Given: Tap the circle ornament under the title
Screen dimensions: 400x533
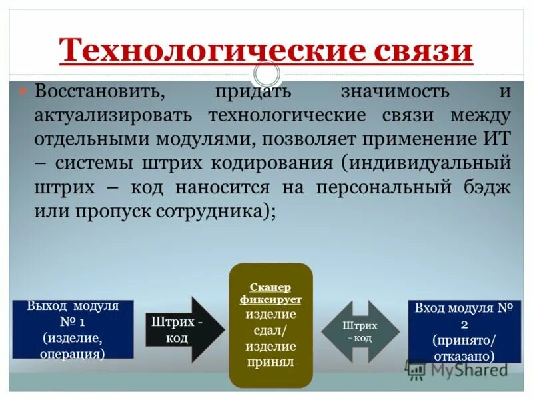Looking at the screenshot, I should [x=266, y=75].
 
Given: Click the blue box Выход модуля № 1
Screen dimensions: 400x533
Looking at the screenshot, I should [x=73, y=329].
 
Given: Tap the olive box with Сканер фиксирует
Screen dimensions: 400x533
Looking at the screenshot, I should [x=270, y=325].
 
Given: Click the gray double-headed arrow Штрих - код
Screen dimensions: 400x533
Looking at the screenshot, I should [x=360, y=331].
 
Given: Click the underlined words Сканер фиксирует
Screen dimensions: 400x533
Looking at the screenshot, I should [x=270, y=293].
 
